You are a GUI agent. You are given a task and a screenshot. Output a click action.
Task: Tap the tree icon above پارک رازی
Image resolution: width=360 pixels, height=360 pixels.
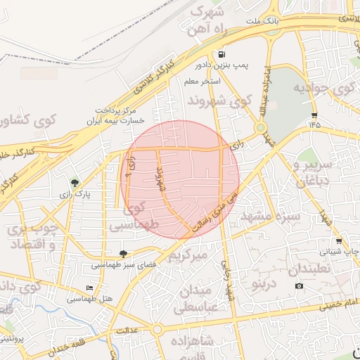tap(75, 183)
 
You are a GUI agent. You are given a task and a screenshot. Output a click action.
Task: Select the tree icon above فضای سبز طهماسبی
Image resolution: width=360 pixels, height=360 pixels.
tap(123, 254)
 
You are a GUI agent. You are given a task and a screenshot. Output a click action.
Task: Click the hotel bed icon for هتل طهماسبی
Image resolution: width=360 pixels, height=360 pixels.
tap(89, 288)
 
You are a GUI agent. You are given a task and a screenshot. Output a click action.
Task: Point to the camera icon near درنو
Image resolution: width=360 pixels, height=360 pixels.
tap(300, 285)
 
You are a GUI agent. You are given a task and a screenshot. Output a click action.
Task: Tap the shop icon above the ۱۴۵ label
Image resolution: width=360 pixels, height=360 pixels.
tap(314, 115)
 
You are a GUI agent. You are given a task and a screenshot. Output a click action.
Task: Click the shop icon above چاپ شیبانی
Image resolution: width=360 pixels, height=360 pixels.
tap(338, 241)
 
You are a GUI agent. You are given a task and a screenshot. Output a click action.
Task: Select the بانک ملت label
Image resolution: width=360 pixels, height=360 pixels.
tap(262, 22)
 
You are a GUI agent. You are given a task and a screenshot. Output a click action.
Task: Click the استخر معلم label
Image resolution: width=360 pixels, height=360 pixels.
tap(202, 82)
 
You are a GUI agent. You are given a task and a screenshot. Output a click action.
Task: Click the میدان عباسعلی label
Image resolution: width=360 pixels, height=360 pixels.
tap(207, 299)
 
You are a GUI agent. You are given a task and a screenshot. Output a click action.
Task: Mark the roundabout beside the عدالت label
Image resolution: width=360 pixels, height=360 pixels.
tap(157, 329)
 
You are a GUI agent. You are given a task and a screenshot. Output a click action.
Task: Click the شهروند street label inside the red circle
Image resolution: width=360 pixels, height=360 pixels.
tap(160, 179)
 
